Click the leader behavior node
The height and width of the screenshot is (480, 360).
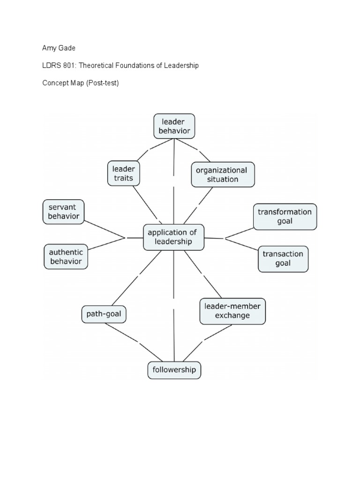174,126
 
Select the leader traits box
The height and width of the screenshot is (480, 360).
123,173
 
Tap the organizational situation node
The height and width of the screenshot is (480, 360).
223,174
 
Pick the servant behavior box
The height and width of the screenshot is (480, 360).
64,212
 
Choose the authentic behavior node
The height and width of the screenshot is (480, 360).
66,256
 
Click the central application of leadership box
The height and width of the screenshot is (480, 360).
173,237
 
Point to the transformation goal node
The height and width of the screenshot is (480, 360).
285,216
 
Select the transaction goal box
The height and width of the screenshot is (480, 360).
283,258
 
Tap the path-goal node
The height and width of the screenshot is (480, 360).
104,314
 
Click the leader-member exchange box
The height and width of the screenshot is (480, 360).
232,311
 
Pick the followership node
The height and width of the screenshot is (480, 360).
174,370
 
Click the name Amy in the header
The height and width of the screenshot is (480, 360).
49,48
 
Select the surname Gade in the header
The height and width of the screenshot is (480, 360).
67,48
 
